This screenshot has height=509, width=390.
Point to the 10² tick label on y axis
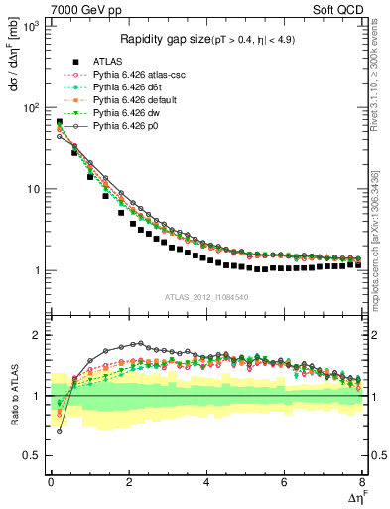point(29,107)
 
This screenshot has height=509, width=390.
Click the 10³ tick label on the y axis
point(29,26)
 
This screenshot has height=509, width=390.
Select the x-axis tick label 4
point(206,482)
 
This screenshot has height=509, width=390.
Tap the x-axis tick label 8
point(361,482)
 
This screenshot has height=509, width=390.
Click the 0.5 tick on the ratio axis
point(30,455)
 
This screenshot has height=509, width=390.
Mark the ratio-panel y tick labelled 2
point(36,335)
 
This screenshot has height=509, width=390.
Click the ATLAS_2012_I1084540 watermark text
point(206,297)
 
